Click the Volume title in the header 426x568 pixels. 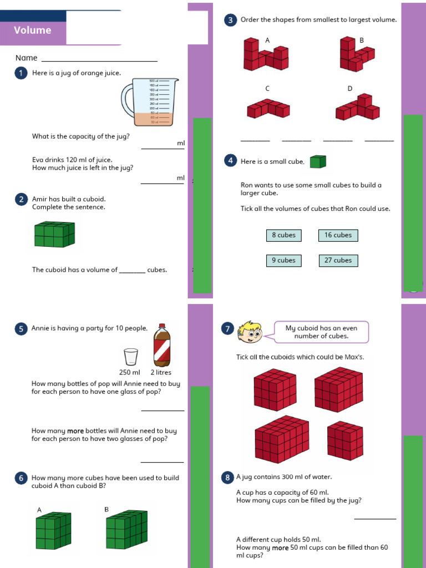pyautogui.click(x=33, y=31)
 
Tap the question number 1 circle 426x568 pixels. pyautogui.click(x=22, y=73)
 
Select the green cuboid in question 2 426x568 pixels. pyautogui.click(x=54, y=234)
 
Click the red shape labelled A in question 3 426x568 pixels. pyautogui.click(x=266, y=54)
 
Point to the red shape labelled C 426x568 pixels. pyautogui.click(x=268, y=108)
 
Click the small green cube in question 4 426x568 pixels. pyautogui.click(x=318, y=161)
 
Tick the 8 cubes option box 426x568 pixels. pyautogui.click(x=283, y=235)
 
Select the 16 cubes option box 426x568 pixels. pyautogui.click(x=338, y=235)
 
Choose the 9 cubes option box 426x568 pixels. pyautogui.click(x=283, y=260)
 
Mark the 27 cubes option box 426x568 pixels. pyautogui.click(x=338, y=260)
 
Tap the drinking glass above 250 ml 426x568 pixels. pyautogui.click(x=131, y=357)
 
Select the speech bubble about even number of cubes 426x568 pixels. pyautogui.click(x=321, y=332)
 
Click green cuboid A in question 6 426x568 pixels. pyautogui.click(x=54, y=532)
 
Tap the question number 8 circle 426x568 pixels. pyautogui.click(x=227, y=477)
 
